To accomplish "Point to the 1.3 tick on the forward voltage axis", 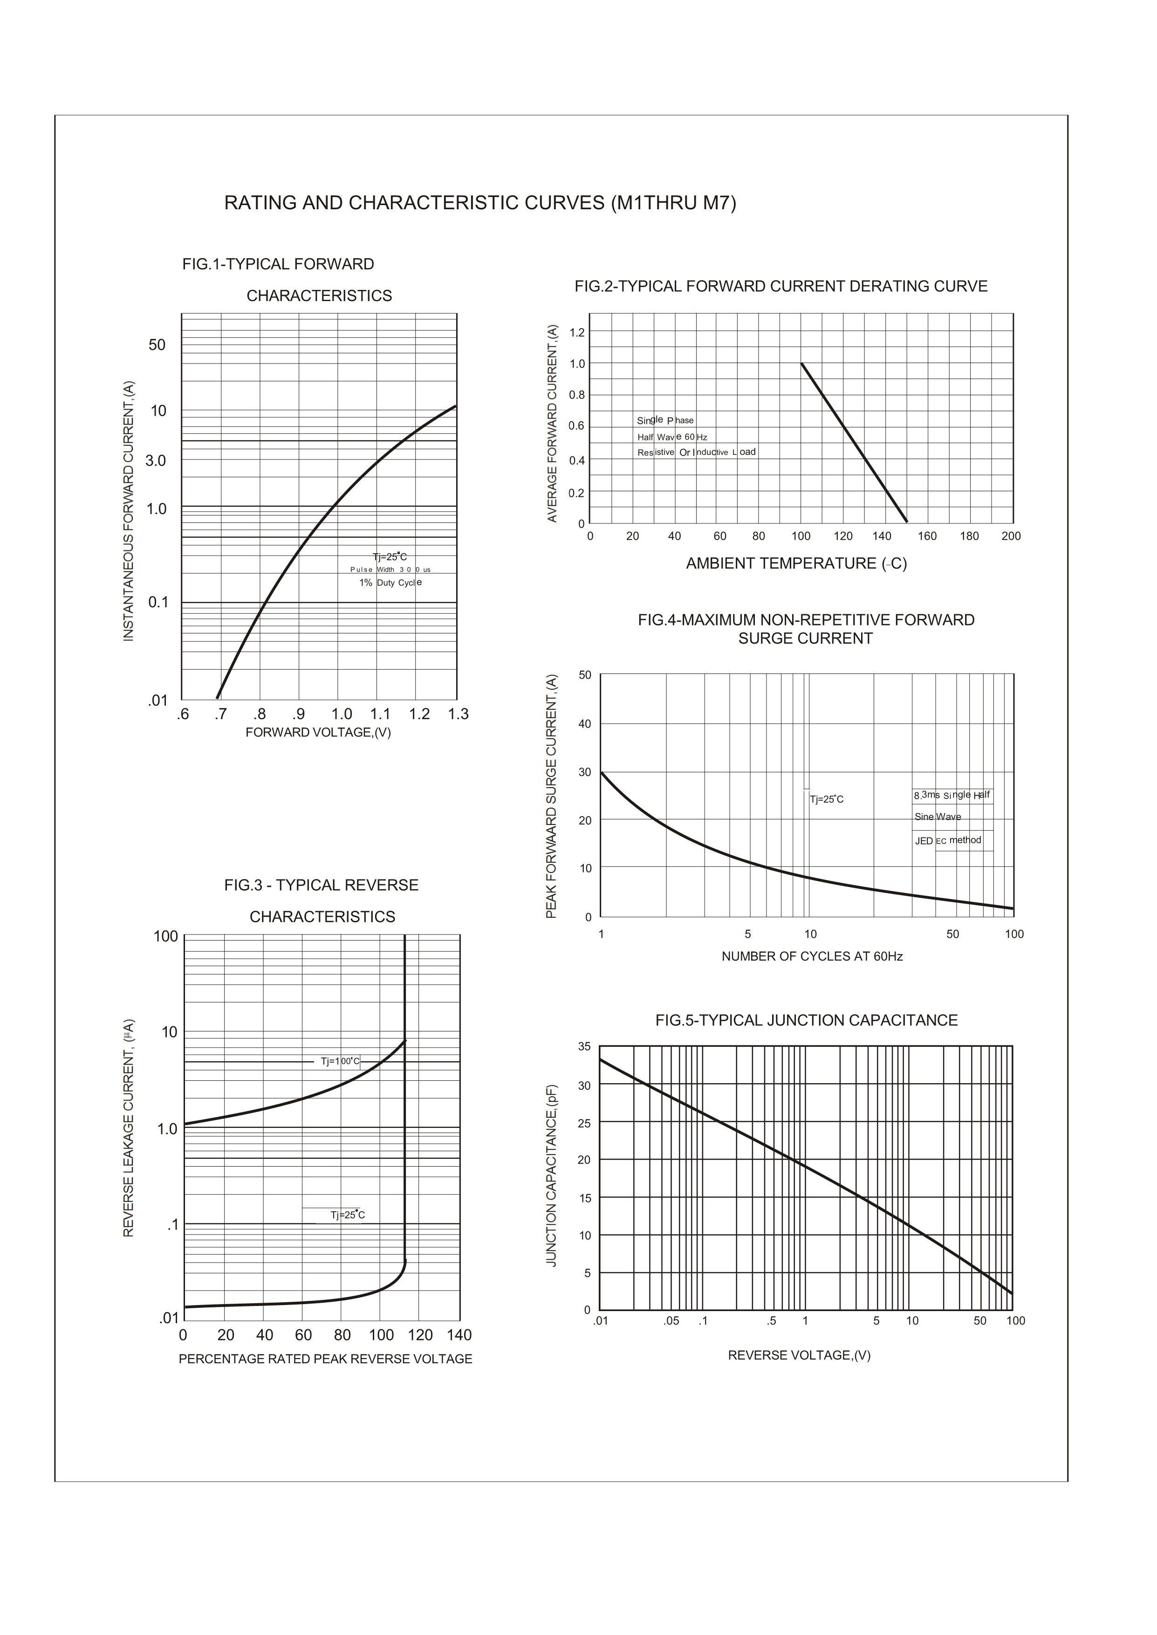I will (458, 714).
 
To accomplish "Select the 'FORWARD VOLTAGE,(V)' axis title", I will (318, 732).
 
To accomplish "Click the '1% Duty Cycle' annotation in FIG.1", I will (390, 583).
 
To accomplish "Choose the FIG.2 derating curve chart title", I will (781, 286).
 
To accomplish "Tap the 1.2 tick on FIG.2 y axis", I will (577, 333).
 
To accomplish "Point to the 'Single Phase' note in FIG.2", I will (665, 420).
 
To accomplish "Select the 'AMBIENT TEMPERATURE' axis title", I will (796, 563).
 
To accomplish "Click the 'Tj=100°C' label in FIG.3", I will (340, 1062).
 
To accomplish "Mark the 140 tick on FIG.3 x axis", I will (459, 1335).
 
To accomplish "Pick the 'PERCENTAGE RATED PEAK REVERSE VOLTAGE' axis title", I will (326, 1359).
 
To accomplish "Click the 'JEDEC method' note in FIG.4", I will (947, 841).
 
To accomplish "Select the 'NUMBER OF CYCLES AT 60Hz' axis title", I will (812, 956).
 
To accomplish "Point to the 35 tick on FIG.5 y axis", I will (584, 1046).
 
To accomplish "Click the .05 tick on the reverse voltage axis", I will (671, 1321).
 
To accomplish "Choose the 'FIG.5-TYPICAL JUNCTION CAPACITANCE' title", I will (807, 1020).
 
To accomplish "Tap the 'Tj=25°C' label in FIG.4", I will (827, 799).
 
